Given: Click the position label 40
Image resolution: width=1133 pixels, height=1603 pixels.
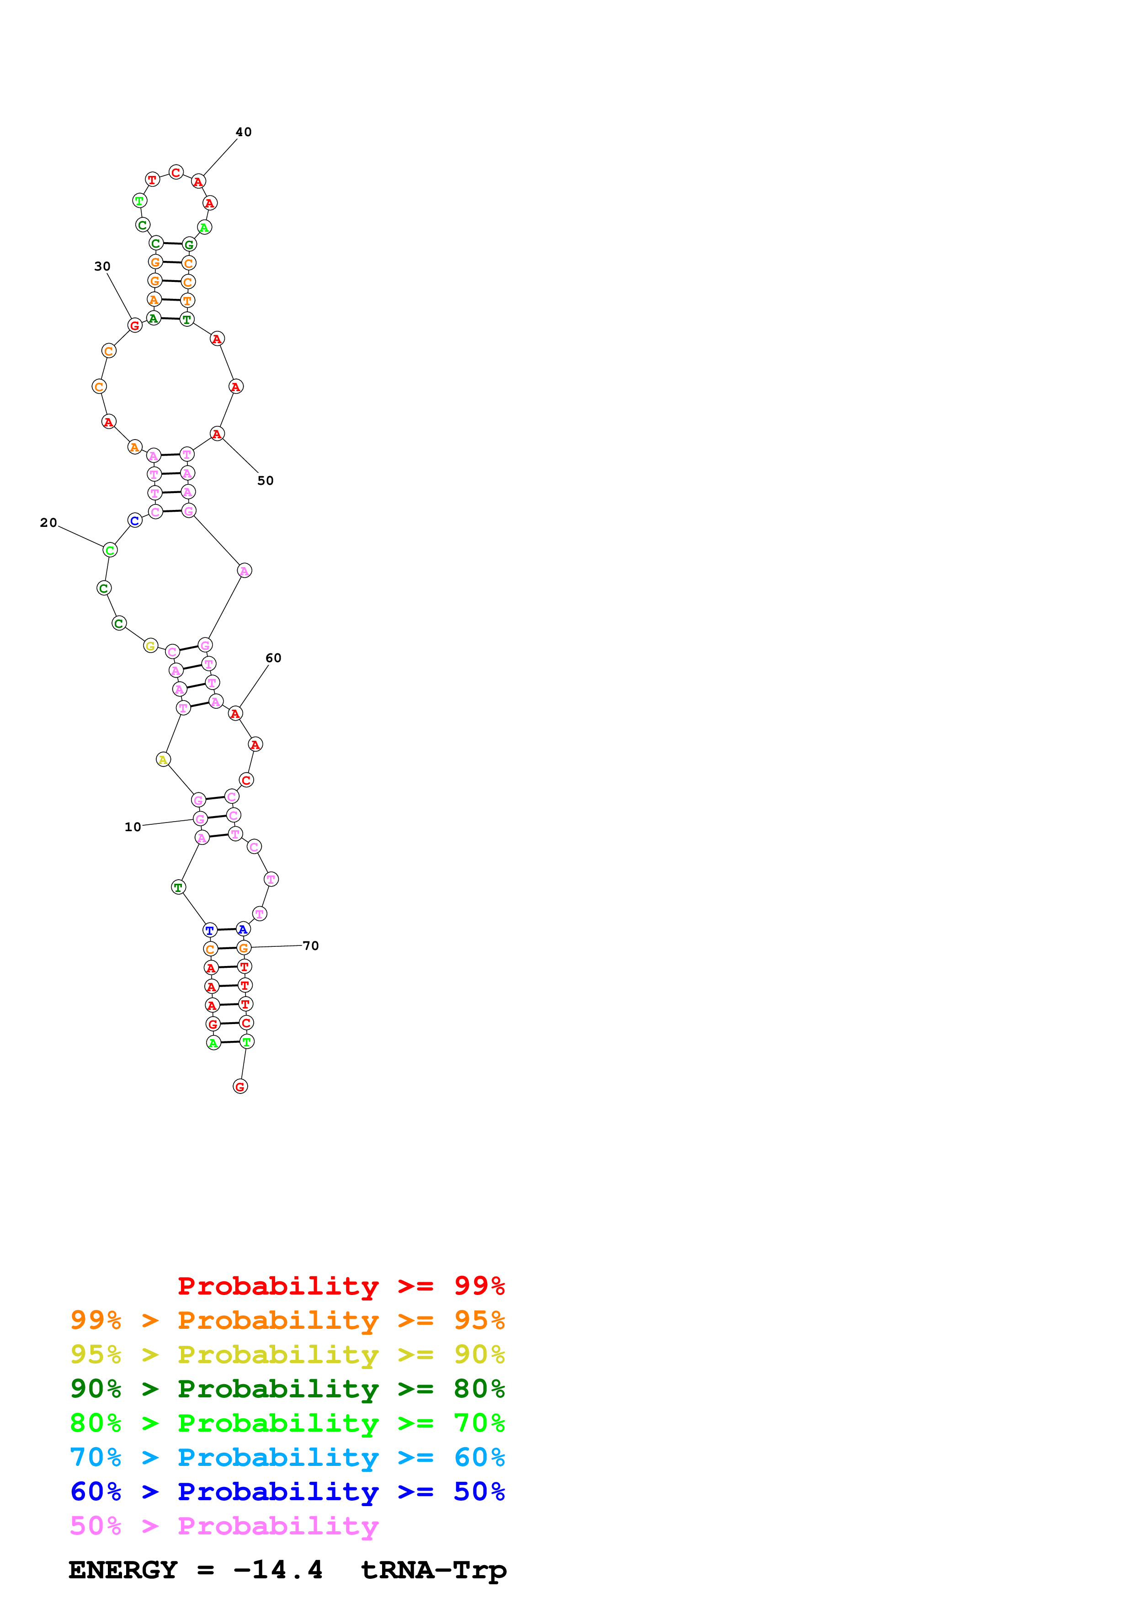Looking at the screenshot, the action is pos(243,132).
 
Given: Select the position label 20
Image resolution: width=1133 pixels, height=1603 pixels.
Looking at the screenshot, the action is pos(48,522).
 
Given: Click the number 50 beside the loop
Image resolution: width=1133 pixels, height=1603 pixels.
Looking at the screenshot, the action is pos(265,480).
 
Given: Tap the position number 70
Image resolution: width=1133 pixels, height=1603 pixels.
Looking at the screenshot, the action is pos(311,945).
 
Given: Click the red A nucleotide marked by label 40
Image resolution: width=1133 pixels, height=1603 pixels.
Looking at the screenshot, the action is pos(199,181).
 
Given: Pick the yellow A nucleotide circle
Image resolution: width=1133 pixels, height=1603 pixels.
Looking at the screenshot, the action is pos(163,759).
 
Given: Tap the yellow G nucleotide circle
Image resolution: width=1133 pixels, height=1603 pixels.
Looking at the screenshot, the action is pos(150,646).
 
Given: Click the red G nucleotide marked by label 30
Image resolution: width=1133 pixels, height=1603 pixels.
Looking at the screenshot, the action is pos(135,325).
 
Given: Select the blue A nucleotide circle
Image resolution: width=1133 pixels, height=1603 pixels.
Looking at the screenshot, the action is pos(242,929).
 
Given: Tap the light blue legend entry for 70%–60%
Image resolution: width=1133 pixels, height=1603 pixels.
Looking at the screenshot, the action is pos(287,1457).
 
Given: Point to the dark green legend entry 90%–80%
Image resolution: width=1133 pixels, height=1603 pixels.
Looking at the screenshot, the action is pos(287,1389).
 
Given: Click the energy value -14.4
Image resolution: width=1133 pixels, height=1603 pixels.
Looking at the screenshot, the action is pos(278,1570).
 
